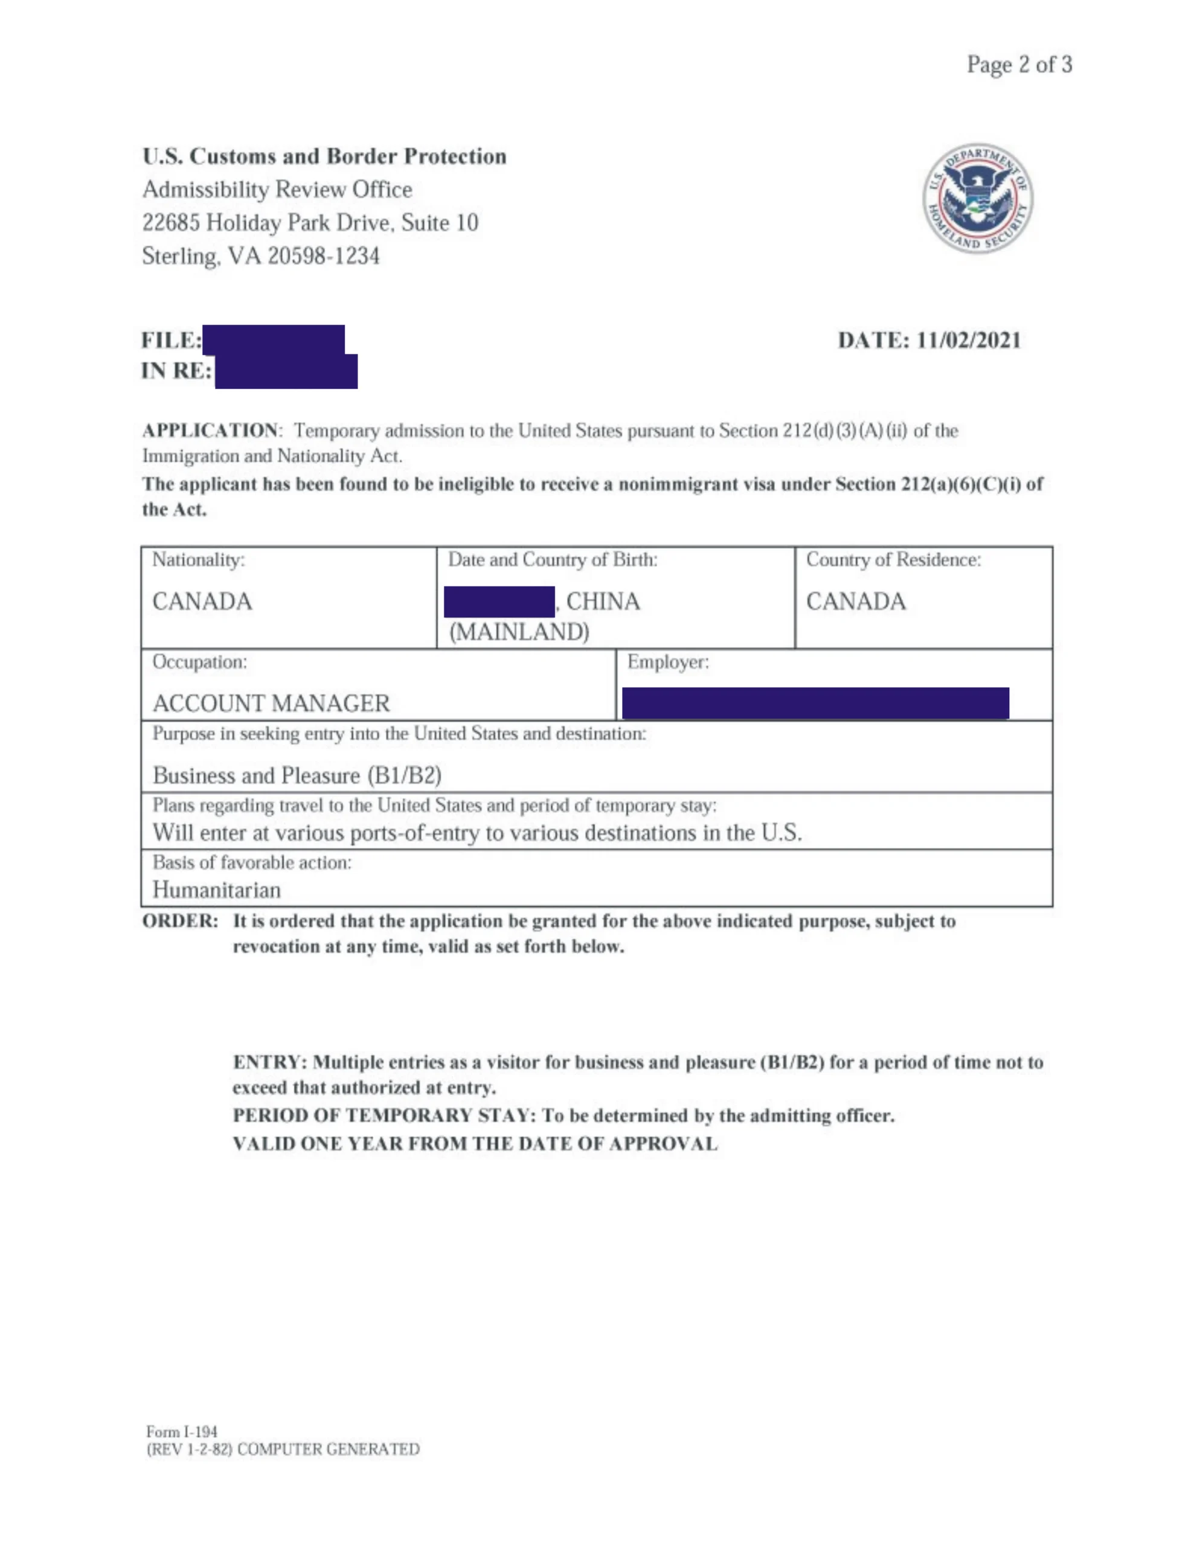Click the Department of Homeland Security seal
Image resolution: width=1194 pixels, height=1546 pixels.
[977, 197]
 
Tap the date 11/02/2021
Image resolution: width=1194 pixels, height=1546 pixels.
[968, 341]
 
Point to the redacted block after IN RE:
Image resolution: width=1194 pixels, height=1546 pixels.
[286, 371]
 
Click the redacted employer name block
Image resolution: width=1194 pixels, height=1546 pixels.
[815, 703]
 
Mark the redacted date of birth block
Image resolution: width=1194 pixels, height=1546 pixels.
[499, 601]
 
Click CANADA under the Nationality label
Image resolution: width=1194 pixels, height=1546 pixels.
[202, 601]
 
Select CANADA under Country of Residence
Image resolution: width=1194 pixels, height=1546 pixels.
[855, 601]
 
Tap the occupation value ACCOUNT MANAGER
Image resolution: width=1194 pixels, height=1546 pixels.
[271, 703]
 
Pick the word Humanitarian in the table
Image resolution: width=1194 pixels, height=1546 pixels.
[217, 890]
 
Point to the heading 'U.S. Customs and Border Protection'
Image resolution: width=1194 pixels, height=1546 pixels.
[324, 156]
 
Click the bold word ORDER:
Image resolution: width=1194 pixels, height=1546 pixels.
[180, 921]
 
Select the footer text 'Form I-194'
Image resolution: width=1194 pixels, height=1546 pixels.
[182, 1431]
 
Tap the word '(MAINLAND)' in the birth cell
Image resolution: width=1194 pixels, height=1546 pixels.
[519, 632]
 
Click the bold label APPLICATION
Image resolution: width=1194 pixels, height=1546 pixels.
[210, 431]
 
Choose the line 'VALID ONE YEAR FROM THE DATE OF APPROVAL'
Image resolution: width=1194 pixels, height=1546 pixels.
[475, 1144]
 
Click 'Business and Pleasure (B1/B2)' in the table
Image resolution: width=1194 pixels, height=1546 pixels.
[297, 776]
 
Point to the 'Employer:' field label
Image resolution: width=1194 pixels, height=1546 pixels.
[667, 662]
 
